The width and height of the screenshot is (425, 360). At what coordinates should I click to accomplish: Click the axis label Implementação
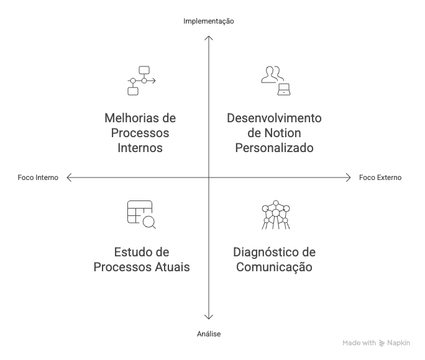(209, 21)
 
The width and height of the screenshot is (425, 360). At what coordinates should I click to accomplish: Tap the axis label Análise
(209, 334)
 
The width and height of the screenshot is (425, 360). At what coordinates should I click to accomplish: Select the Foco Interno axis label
(39, 178)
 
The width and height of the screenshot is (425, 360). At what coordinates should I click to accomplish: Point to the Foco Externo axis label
(380, 178)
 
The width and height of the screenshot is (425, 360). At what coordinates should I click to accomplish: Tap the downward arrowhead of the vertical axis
(209, 317)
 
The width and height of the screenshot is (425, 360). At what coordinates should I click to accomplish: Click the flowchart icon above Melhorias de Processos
(141, 81)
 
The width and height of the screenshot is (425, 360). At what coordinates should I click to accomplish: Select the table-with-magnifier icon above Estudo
(141, 215)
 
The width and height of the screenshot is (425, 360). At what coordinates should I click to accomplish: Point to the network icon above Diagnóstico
(274, 215)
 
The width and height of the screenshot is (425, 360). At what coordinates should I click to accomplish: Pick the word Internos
(140, 148)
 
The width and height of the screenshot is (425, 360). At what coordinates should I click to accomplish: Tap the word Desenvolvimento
(274, 118)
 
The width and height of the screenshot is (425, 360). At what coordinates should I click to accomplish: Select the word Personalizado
(274, 148)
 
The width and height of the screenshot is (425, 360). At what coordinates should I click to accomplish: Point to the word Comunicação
(274, 267)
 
